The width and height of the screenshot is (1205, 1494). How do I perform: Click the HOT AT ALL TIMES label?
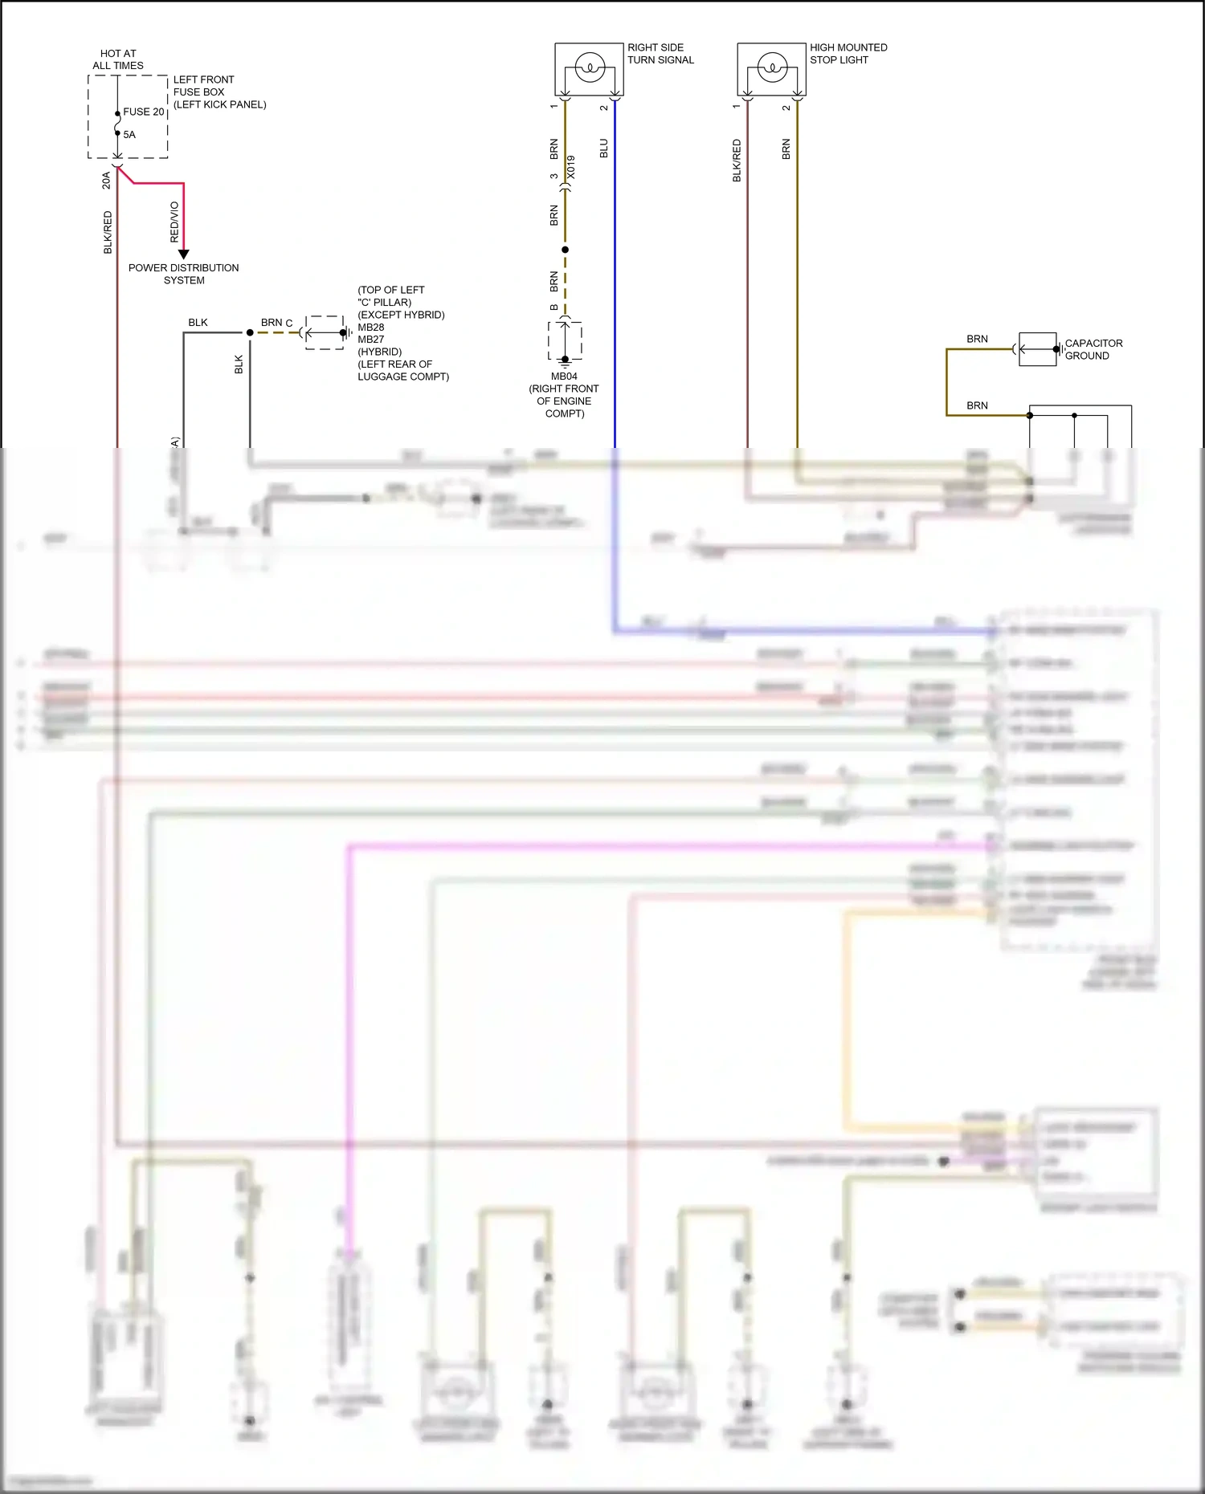(118, 59)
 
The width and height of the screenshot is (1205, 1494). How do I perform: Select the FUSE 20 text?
(143, 112)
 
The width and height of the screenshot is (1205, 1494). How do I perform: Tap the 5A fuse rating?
(129, 135)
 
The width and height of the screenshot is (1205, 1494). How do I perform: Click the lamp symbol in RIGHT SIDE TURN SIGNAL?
(589, 67)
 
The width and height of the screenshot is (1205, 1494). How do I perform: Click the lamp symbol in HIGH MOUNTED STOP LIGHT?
(771, 67)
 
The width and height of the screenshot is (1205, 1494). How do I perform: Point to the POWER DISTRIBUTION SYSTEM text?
(184, 274)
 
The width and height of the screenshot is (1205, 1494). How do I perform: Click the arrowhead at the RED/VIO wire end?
(183, 254)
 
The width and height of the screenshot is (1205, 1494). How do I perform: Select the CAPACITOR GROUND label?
(1093, 349)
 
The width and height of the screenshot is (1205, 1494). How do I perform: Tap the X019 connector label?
(571, 167)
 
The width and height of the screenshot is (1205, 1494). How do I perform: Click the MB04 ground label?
(564, 377)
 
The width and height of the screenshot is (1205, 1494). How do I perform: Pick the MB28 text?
(371, 328)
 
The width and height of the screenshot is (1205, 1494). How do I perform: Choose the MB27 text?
(371, 340)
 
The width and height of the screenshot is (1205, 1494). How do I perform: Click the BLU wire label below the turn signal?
(604, 149)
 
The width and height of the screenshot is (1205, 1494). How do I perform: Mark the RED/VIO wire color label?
(174, 222)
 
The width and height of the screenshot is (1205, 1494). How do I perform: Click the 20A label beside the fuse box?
(106, 181)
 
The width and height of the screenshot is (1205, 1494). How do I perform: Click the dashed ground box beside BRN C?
(325, 332)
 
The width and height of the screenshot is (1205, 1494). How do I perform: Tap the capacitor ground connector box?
(1037, 349)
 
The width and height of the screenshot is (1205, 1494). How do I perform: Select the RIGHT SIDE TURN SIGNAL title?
(660, 54)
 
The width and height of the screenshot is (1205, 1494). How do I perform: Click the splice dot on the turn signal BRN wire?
(565, 250)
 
